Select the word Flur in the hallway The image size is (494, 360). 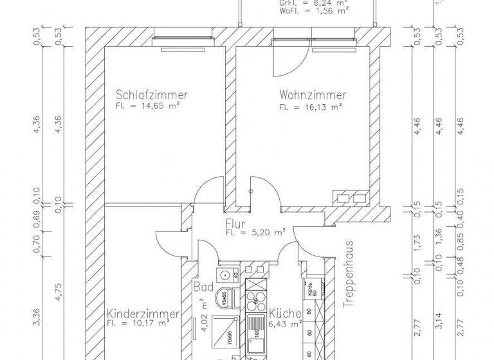233,224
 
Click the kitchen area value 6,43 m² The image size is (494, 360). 284,325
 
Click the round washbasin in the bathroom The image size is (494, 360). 224,275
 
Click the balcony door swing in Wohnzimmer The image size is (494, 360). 287,58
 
